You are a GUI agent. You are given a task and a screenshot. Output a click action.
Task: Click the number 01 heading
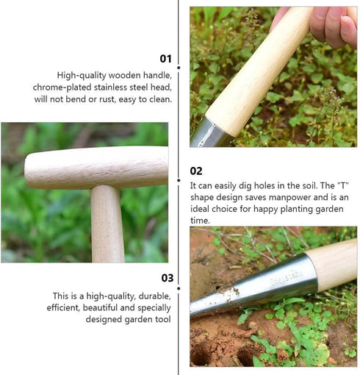166,59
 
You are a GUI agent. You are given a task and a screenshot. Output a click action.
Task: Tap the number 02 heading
196,171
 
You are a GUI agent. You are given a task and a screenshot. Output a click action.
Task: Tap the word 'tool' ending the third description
162,319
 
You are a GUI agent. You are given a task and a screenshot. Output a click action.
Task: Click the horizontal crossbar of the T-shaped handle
96,167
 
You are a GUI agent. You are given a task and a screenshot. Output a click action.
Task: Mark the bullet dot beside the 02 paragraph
179,179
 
